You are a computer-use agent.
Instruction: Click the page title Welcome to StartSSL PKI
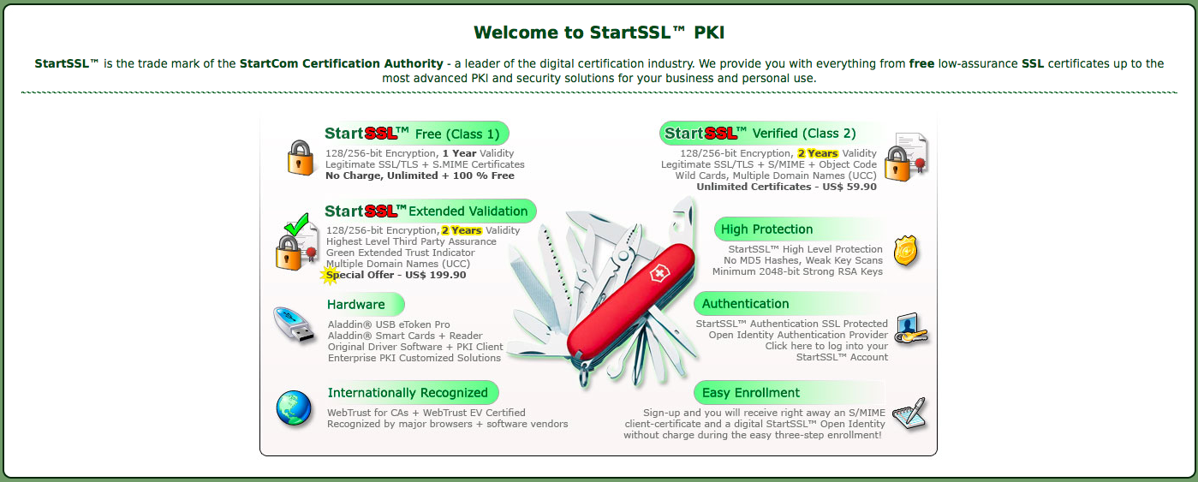tap(599, 33)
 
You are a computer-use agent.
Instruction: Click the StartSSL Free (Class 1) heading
tap(413, 134)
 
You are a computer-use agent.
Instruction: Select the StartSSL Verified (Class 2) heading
tap(760, 134)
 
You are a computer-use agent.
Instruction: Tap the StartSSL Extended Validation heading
tap(426, 211)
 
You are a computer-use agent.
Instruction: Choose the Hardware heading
tap(356, 305)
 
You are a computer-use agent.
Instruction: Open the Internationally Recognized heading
tap(408, 393)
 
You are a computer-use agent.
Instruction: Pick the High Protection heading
tap(766, 229)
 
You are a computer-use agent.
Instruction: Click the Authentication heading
tap(745, 304)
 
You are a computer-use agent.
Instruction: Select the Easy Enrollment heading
tap(750, 393)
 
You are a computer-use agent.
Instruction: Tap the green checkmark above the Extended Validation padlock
tap(296, 224)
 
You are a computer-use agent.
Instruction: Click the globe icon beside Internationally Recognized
tap(294, 408)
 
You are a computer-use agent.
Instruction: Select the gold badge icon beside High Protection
tap(905, 250)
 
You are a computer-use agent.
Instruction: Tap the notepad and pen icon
tap(910, 413)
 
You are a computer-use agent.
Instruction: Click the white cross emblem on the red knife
tap(659, 275)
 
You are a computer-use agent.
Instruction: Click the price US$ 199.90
tap(435, 275)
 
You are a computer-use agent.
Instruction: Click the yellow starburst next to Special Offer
tap(330, 275)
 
